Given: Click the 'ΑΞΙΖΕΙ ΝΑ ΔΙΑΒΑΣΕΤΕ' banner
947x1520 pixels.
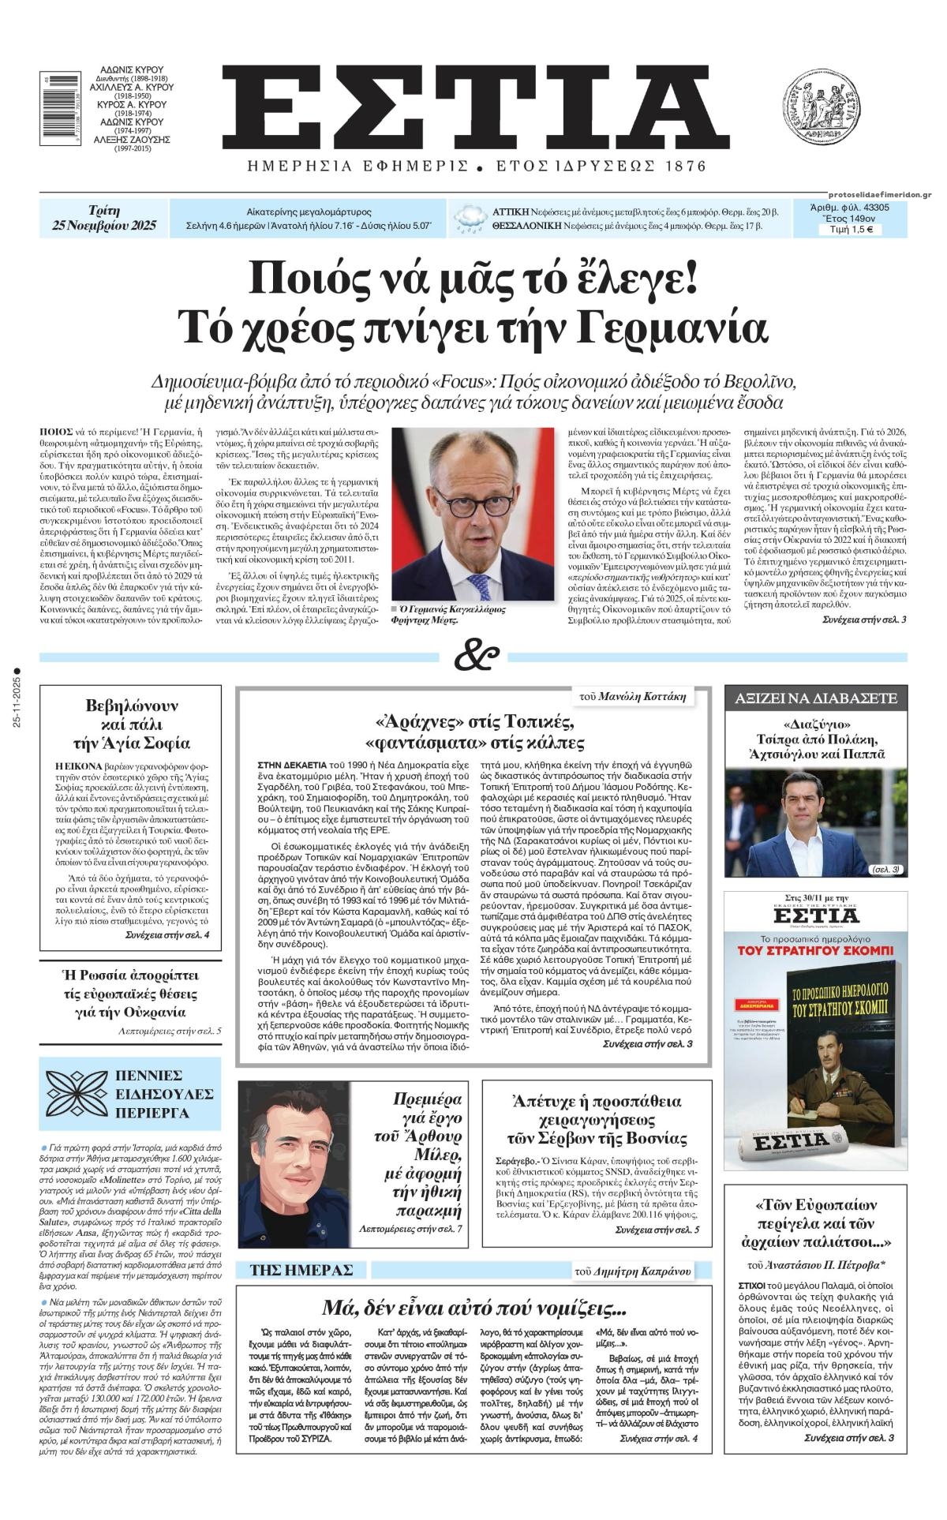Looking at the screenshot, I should tap(816, 698).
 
